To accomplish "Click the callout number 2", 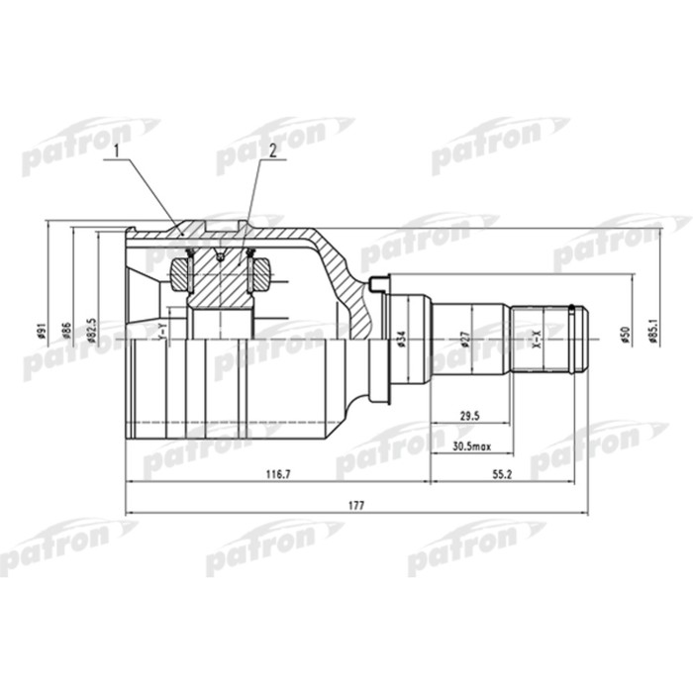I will [267, 150].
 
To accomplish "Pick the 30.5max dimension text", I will [470, 446].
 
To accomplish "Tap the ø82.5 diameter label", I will [92, 329].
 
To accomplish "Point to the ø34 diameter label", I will [401, 339].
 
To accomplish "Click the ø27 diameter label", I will [464, 339].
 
